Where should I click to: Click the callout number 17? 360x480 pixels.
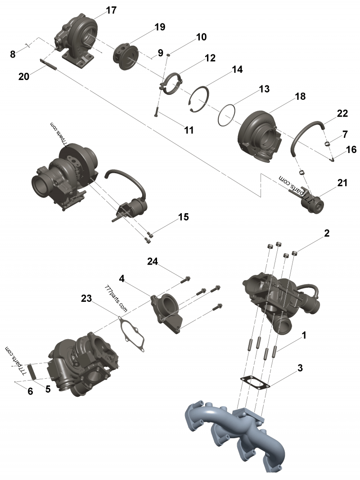pyautogui.click(x=111, y=10)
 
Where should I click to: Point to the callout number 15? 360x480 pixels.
pyautogui.click(x=183, y=217)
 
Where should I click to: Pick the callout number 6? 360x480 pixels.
pyautogui.click(x=30, y=391)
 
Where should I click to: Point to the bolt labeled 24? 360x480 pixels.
pyautogui.click(x=186, y=280)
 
